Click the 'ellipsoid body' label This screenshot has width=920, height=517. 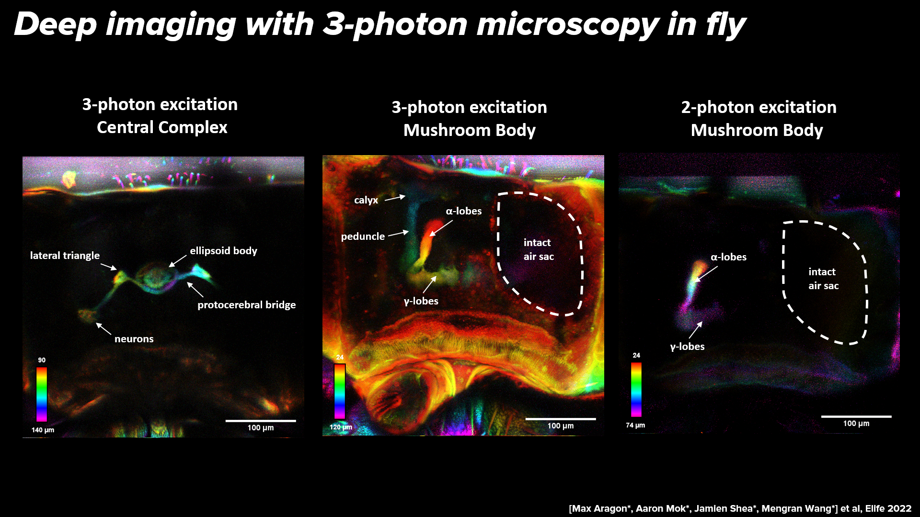click(x=223, y=251)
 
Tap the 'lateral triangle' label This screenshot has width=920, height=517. click(x=65, y=256)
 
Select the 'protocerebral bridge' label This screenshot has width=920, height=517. click(x=246, y=305)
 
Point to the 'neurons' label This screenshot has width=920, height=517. click(x=134, y=339)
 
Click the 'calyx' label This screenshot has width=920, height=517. click(x=366, y=200)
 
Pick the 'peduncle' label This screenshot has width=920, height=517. click(x=363, y=236)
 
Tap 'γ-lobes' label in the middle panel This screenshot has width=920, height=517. click(x=421, y=301)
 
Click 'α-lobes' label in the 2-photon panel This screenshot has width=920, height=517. click(x=728, y=257)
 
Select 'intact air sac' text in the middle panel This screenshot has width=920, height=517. click(x=538, y=249)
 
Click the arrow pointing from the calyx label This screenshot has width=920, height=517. click(x=395, y=198)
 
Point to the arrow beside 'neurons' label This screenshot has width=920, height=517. click(x=103, y=328)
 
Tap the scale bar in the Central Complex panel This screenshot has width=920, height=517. click(x=261, y=421)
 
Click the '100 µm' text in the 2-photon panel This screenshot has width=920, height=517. click(x=856, y=424)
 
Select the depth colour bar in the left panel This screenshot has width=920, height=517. click(x=42, y=394)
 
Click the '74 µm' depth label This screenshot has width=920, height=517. click(x=635, y=425)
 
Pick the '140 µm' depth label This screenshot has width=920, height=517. click(x=43, y=430)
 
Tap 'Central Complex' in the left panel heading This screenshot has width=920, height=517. click(x=162, y=127)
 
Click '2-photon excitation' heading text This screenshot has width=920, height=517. click(x=759, y=107)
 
